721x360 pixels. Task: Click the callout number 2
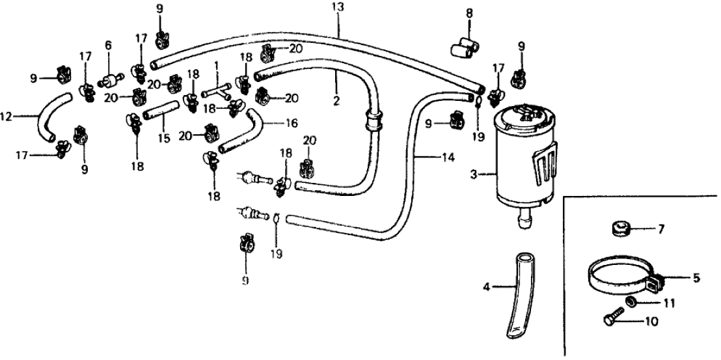336,101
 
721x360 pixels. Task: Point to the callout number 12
6,117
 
